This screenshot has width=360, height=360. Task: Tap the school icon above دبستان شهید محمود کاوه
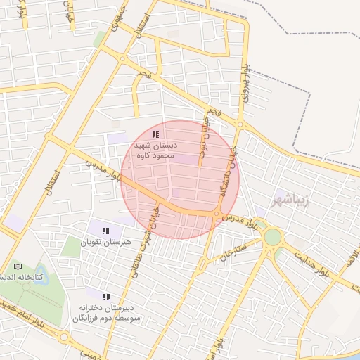(x=155, y=134)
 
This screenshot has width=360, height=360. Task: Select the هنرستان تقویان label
(x=106, y=242)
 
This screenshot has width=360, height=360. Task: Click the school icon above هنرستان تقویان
(x=105, y=231)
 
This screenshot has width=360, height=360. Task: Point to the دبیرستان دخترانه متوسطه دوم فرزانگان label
(x=106, y=314)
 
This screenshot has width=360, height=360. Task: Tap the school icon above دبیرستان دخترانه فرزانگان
(x=106, y=298)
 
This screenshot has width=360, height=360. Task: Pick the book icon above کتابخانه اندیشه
(x=18, y=266)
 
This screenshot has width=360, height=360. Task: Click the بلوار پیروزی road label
(x=245, y=84)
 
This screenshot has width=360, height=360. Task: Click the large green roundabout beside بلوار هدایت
(x=272, y=237)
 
